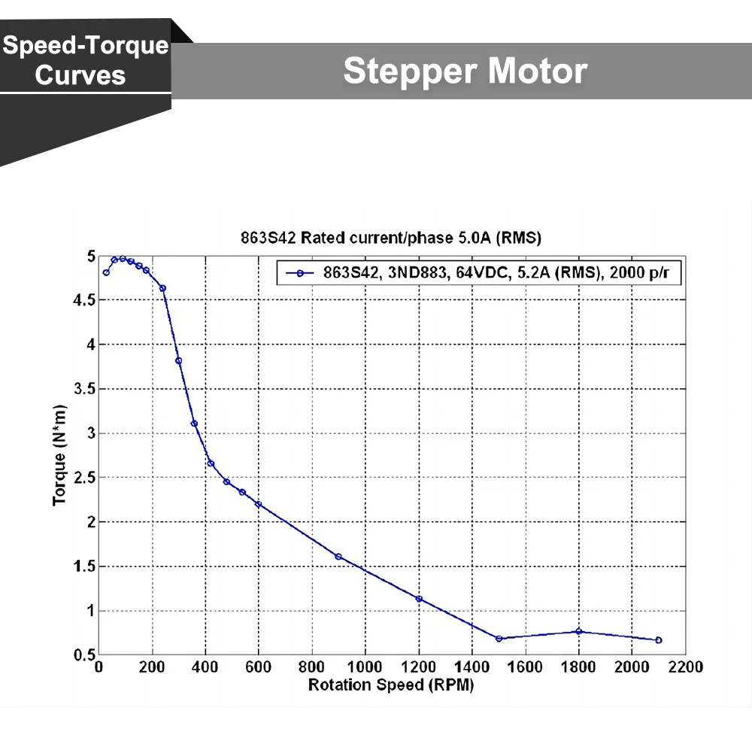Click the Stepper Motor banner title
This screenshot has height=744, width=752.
465,71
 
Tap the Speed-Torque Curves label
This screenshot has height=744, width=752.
85,60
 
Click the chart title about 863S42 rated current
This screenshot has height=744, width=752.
390,238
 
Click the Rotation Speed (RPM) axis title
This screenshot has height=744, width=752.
391,685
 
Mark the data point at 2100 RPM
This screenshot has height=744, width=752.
659,640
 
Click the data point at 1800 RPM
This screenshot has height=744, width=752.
578,631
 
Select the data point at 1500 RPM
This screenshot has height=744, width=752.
499,639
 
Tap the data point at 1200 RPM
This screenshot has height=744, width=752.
419,599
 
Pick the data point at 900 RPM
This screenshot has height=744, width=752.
338,557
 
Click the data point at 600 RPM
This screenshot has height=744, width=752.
259,504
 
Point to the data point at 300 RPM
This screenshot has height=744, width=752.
179,361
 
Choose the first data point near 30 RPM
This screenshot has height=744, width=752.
106,272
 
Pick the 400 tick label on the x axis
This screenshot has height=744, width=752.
205,667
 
